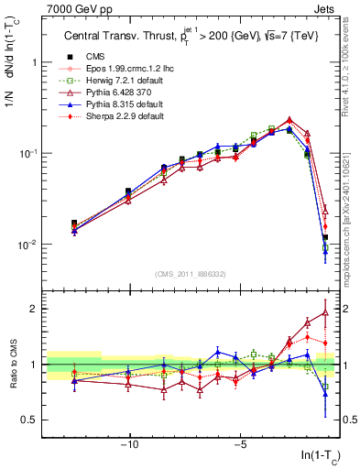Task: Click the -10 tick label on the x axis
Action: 130,445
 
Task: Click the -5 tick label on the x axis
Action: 240,445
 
